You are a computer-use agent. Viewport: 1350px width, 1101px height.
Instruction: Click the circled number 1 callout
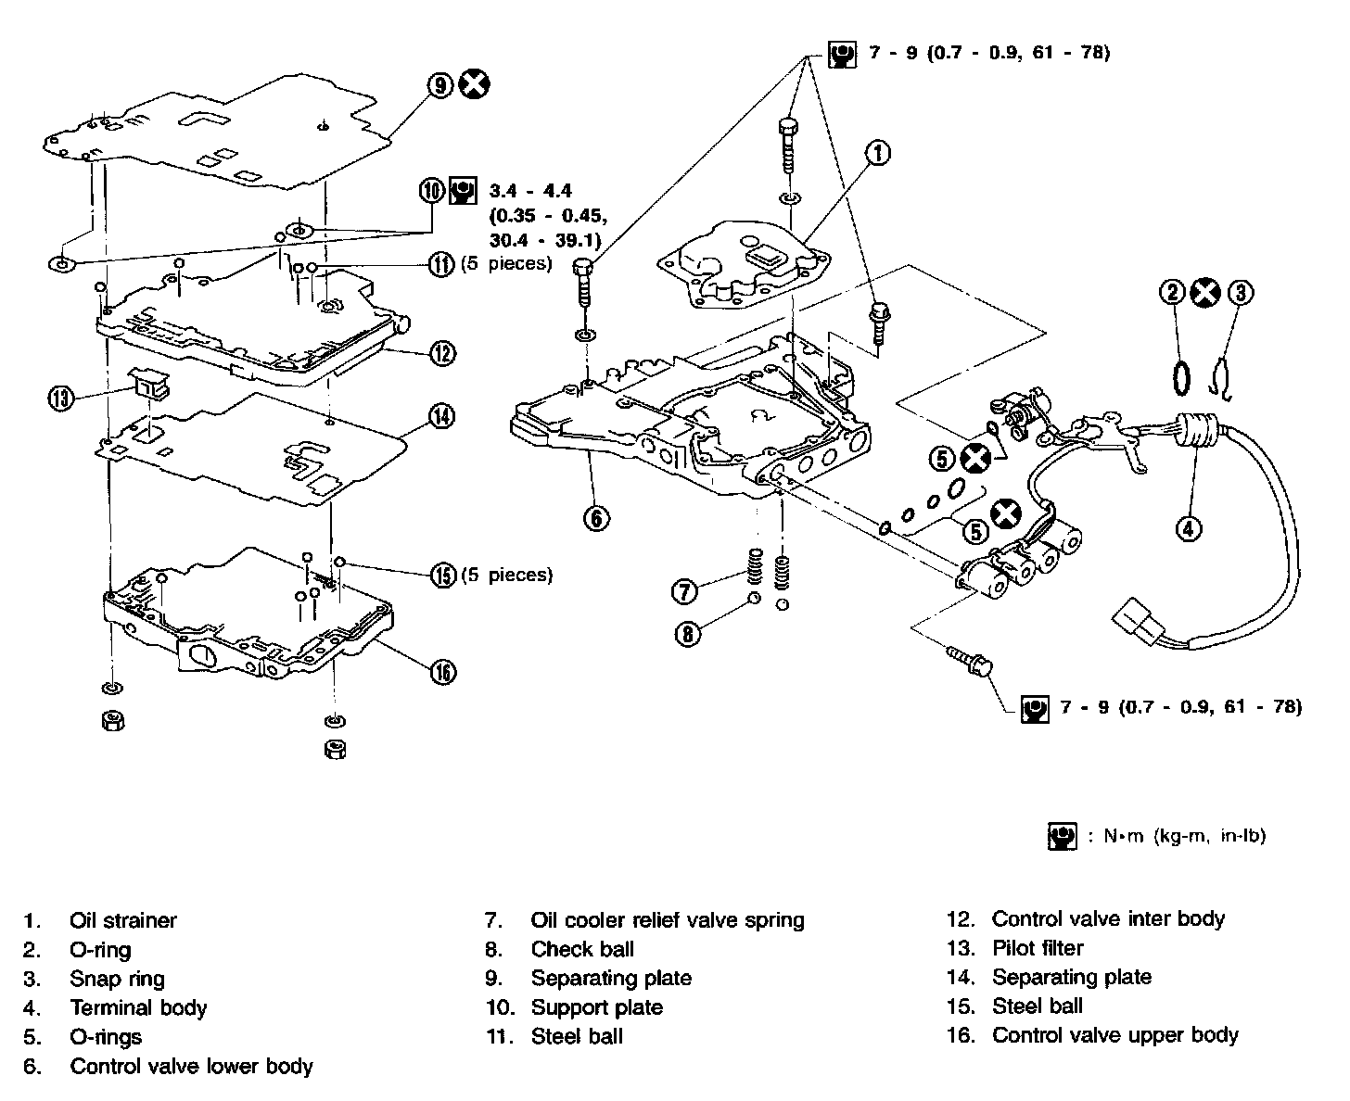878,153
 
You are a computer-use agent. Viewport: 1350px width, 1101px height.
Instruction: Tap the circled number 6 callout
595,517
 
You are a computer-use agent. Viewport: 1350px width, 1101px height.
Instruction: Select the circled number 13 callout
61,399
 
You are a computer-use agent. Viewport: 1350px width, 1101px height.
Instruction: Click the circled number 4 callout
1189,528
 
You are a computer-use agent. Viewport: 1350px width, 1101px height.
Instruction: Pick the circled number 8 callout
687,634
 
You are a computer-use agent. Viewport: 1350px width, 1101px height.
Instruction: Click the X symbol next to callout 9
475,85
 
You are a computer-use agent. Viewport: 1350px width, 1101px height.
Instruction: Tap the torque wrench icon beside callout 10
462,191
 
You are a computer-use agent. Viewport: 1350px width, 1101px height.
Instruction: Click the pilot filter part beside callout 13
149,381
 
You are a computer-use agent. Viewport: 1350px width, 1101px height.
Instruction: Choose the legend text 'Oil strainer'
122,920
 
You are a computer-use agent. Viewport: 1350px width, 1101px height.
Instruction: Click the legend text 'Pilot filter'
1038,948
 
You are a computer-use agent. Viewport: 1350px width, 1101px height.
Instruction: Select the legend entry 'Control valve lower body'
191,1067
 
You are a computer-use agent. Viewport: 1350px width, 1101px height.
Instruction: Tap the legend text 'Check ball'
582,949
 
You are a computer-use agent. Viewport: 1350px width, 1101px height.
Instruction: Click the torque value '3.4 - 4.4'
530,191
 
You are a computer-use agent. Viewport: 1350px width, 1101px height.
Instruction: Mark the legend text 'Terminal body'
138,1007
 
